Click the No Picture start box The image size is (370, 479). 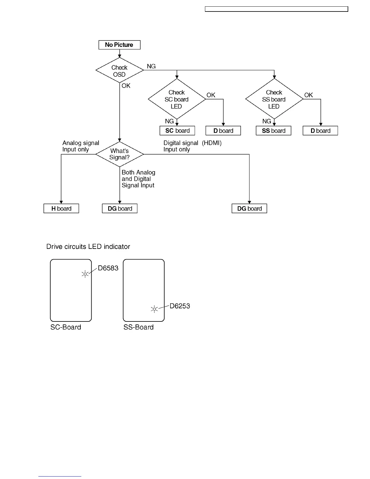(119, 45)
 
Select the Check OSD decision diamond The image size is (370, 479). (119, 71)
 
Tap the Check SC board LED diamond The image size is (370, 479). (177, 99)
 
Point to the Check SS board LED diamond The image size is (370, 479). (274, 99)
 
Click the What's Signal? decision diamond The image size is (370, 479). (119, 154)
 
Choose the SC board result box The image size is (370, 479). (177, 131)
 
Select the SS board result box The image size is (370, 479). (274, 131)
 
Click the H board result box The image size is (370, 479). (61, 209)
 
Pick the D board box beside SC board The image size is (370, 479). (223, 131)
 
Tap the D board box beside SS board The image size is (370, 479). (320, 131)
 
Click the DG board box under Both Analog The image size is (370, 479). (120, 209)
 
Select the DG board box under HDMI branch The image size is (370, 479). (249, 209)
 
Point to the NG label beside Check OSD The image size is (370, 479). (151, 66)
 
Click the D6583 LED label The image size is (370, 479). (108, 268)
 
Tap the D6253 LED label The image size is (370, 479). (180, 306)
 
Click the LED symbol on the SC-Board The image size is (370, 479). (85, 274)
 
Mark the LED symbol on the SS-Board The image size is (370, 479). (154, 309)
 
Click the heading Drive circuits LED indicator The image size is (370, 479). (88, 246)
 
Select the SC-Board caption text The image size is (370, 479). (66, 327)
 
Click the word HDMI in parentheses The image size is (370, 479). (212, 143)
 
